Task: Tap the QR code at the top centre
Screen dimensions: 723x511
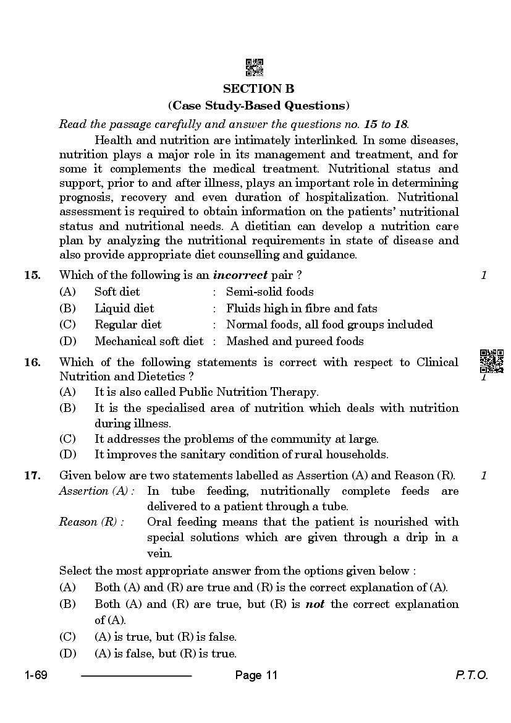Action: [x=255, y=67]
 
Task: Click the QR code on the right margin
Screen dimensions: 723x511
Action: [x=491, y=360]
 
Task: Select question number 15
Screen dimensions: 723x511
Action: [x=32, y=275]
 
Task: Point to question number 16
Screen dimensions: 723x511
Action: [x=32, y=362]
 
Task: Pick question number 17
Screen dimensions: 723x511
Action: [x=32, y=476]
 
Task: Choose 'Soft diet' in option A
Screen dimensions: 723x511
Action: [x=117, y=292]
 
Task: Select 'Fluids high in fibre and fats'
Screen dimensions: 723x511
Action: [x=302, y=308]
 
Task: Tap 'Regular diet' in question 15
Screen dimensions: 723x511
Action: [x=128, y=325]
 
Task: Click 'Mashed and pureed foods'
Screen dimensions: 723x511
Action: [x=295, y=341]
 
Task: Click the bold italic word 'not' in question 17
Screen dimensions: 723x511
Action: [x=316, y=604]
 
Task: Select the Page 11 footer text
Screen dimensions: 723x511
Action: [x=256, y=675]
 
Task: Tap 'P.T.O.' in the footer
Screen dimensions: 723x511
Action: [x=471, y=675]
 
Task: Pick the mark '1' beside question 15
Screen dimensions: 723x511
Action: [x=484, y=275]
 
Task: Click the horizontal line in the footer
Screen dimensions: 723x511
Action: [x=137, y=676]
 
